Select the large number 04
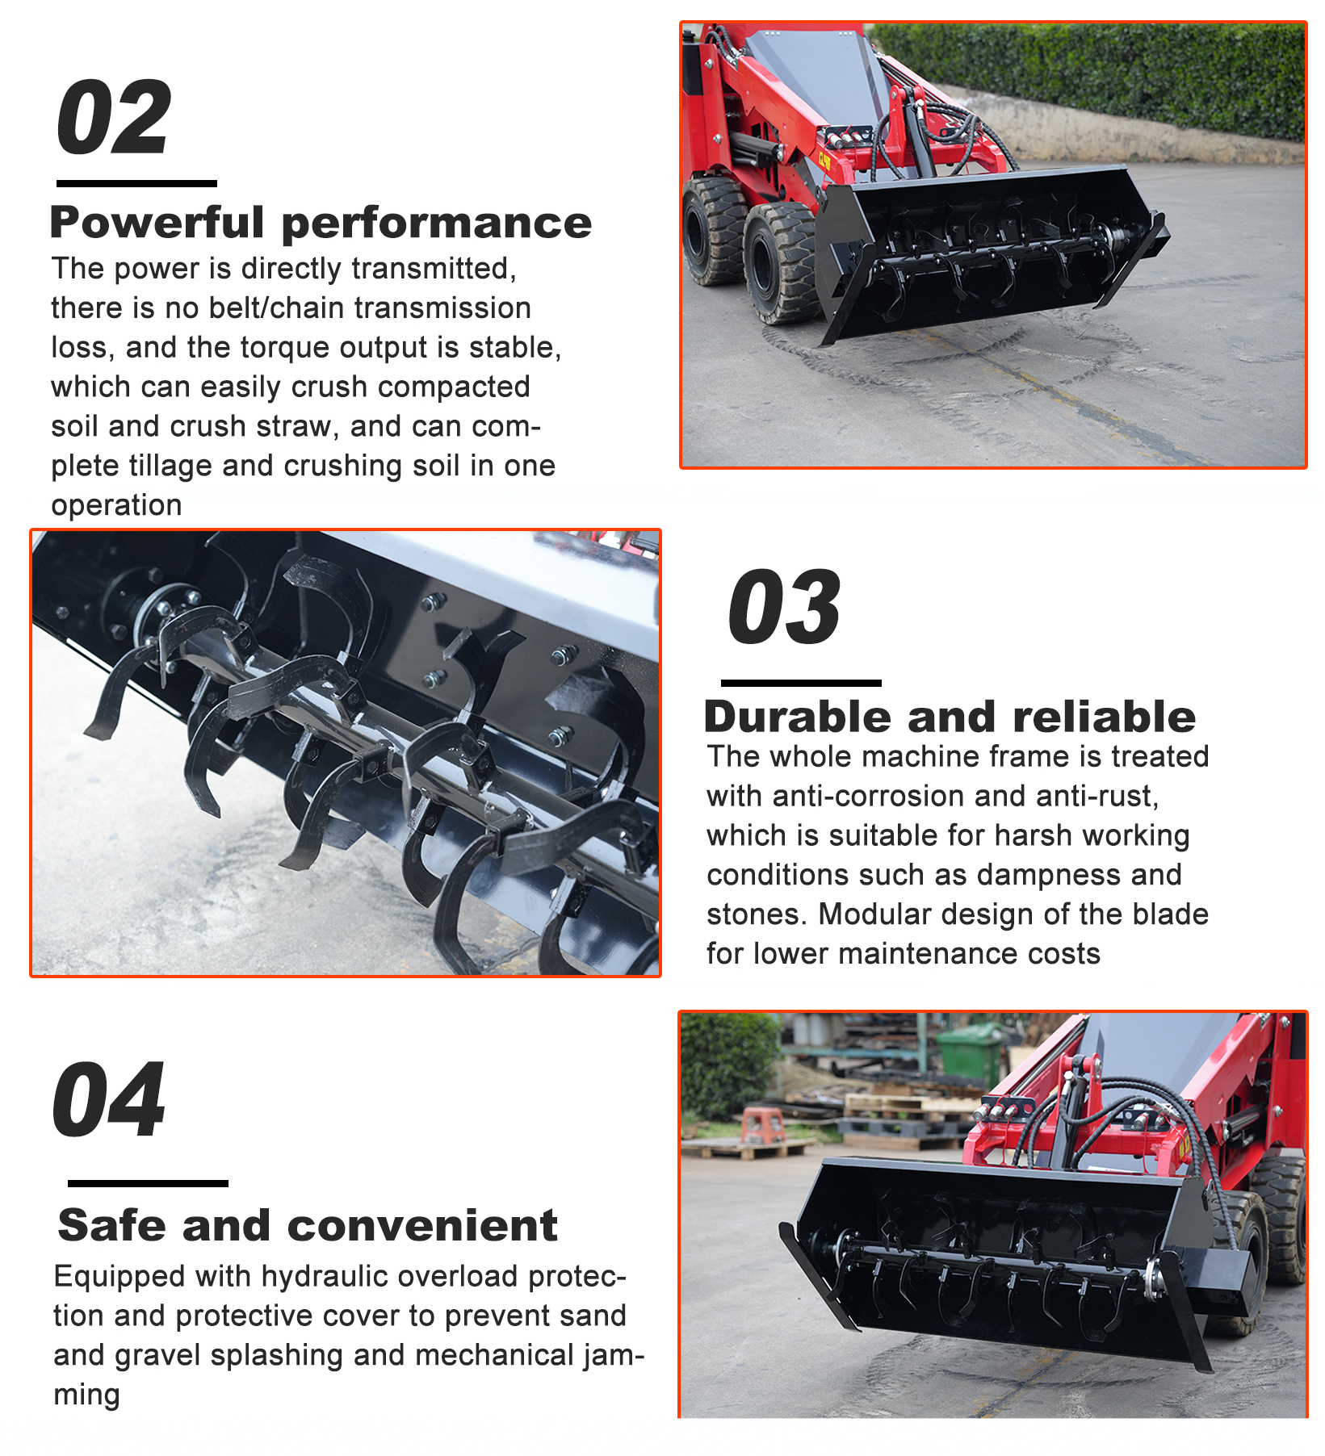click(109, 1099)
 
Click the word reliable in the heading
click(1104, 717)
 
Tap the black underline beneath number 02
click(136, 183)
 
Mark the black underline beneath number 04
click(148, 1183)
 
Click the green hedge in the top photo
click(1089, 77)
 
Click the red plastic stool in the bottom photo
click(762, 1125)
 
